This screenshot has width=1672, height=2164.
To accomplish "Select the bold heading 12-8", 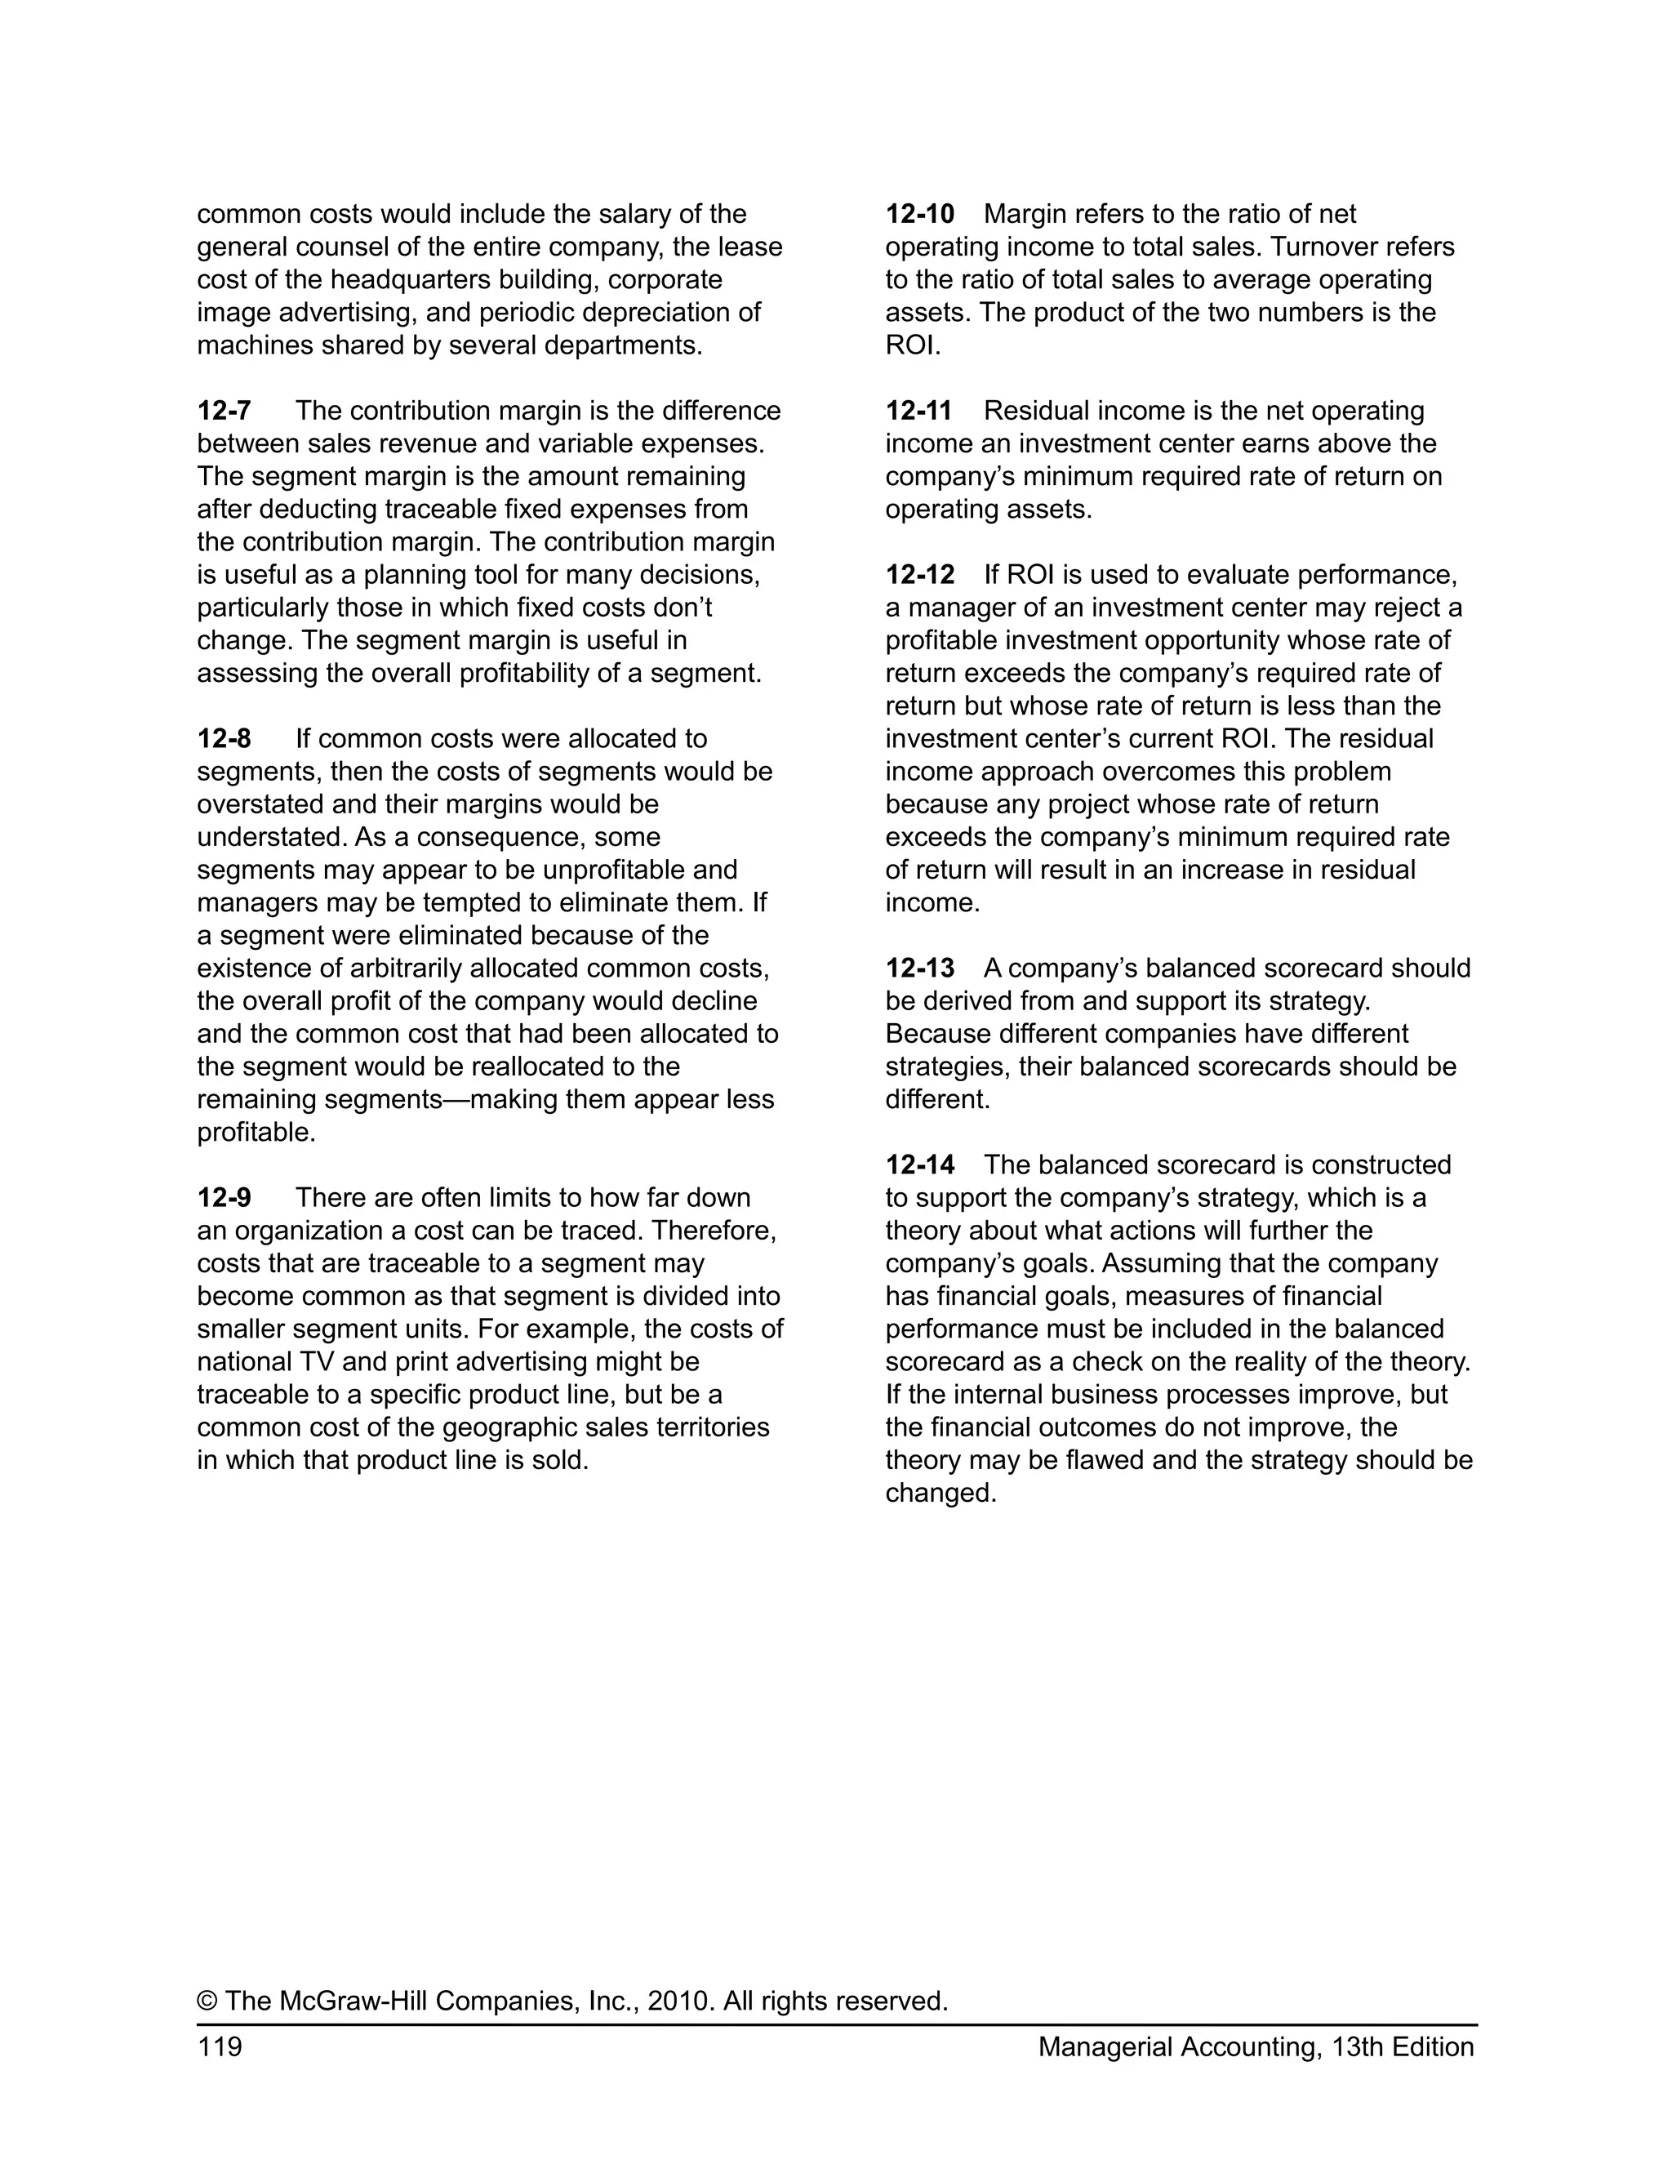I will pos(224,739).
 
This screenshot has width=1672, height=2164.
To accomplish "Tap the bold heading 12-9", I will pos(224,1198).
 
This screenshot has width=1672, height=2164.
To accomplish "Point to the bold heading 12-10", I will pos(919,214).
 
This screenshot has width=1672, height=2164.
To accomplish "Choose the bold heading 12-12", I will pos(919,575).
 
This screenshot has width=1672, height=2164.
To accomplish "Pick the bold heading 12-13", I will pos(919,968).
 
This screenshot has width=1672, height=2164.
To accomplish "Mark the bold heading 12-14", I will pos(919,1165).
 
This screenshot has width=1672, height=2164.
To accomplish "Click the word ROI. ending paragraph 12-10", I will pos(912,345).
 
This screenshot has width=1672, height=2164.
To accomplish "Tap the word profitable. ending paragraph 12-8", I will pos(256,1133).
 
